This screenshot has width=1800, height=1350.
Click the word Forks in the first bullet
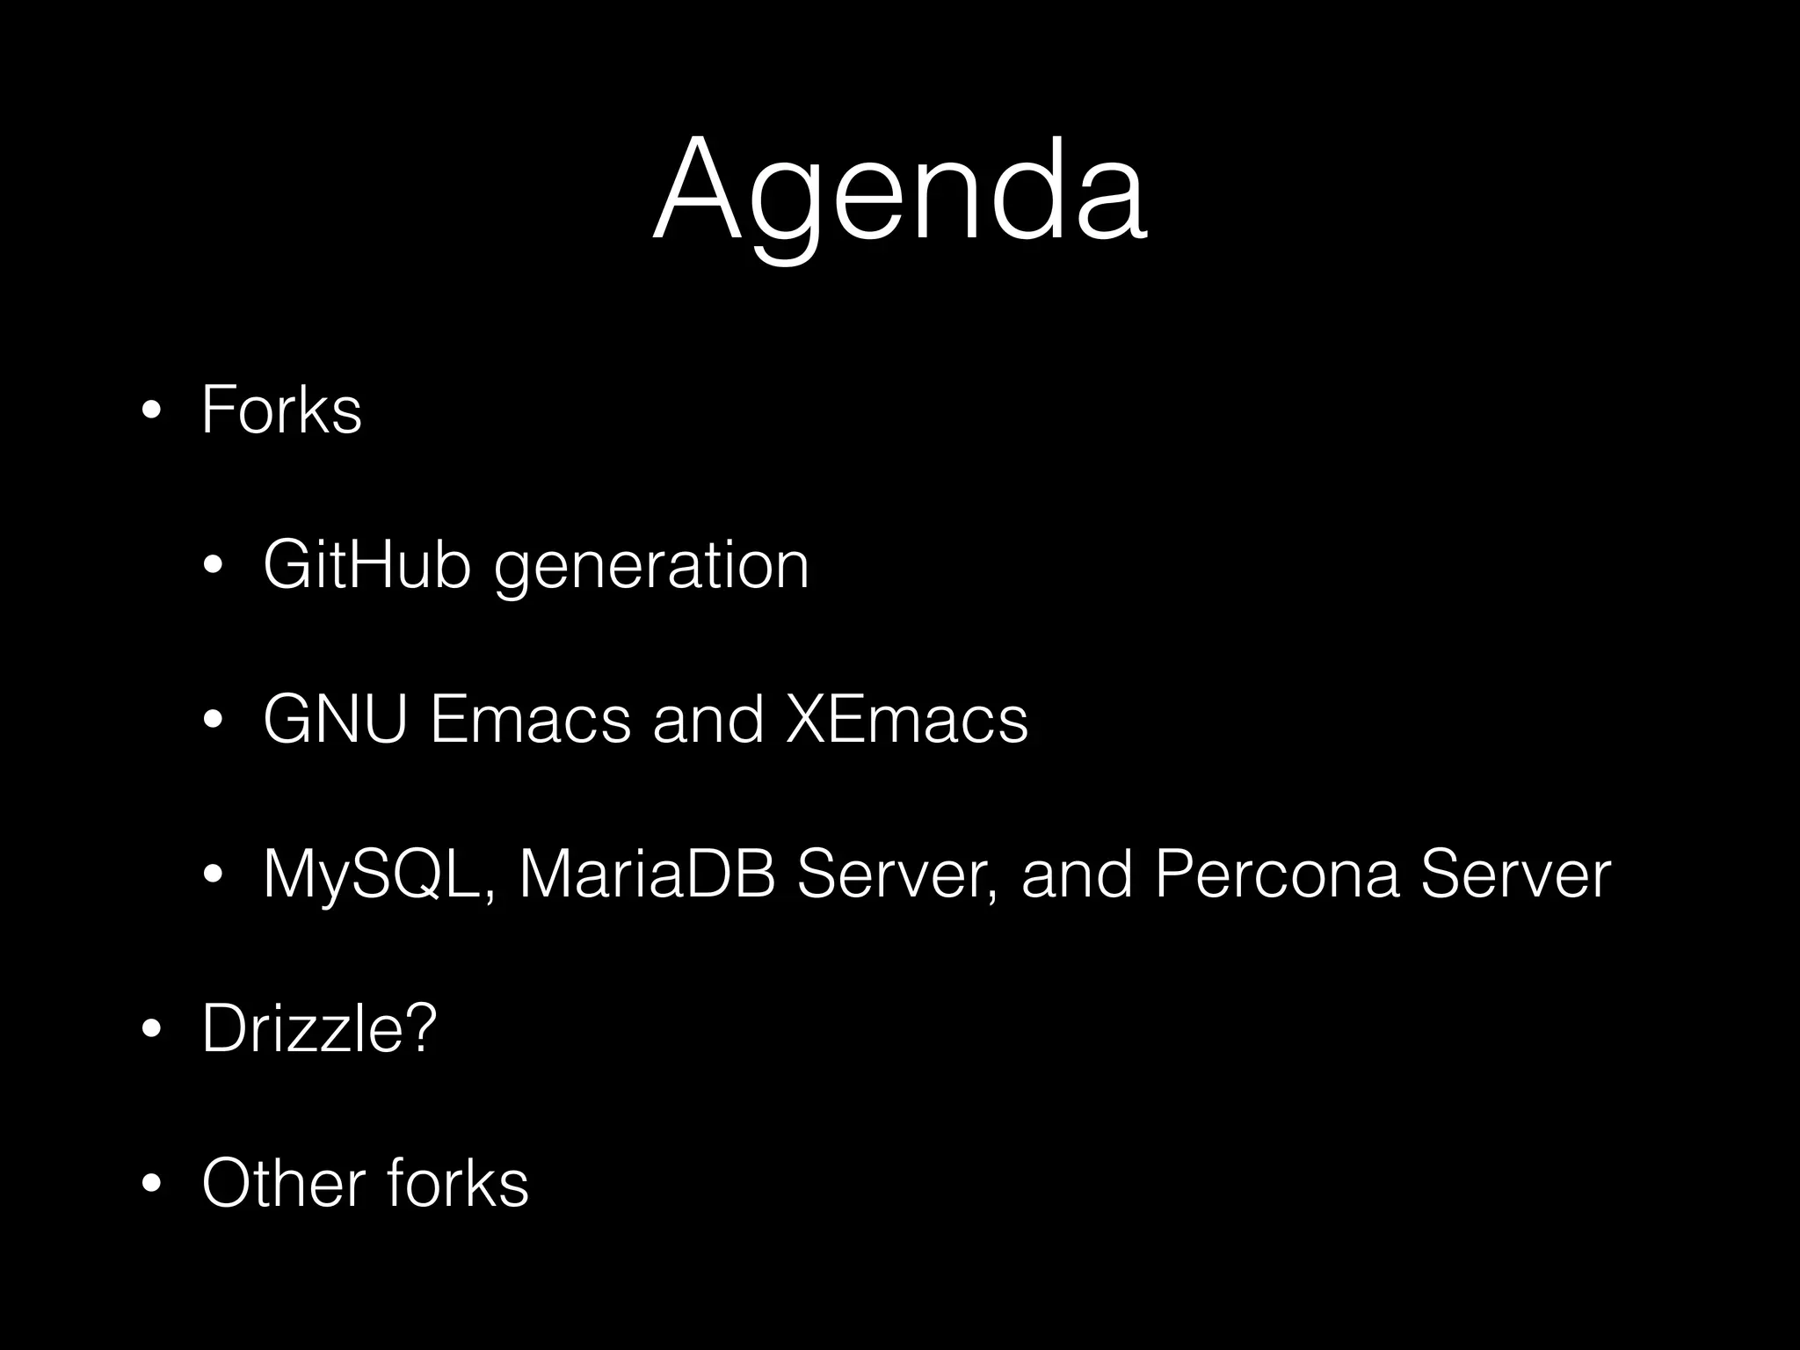coord(281,410)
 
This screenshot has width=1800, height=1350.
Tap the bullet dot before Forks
coord(151,411)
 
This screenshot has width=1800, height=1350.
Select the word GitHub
coord(367,564)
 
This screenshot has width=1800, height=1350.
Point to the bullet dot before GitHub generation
coord(213,566)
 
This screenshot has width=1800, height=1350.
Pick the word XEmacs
coord(906,720)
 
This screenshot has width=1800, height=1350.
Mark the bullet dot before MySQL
coord(213,875)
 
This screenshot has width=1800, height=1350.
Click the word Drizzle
coord(303,1027)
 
